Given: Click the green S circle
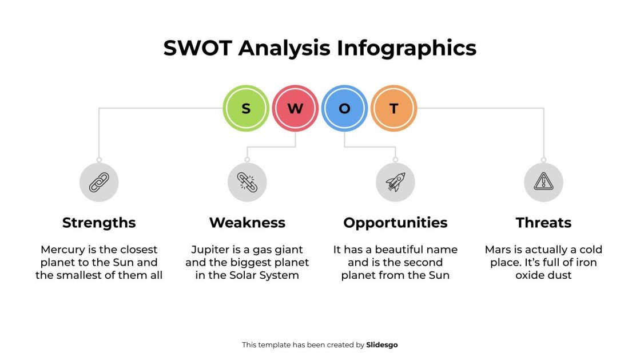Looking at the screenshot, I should tap(246, 108).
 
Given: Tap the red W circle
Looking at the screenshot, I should tap(295, 108).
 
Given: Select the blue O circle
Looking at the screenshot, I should tap(344, 108).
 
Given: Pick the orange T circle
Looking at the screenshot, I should tap(393, 108).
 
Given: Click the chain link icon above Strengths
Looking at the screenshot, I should tap(99, 182).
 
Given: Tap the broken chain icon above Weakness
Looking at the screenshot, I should tap(247, 182).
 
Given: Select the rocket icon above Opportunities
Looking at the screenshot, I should tap(395, 182).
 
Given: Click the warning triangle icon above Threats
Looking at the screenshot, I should tap(543, 182).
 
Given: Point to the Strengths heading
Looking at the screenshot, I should tap(99, 223).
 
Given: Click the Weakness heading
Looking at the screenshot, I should tap(247, 223).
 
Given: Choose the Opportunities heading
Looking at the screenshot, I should tap(395, 223).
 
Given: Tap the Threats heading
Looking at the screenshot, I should tap(543, 223).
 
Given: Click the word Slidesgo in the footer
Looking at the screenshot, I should tap(381, 345).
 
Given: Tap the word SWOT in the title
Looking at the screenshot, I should tap(198, 48).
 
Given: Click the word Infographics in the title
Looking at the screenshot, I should tap(407, 48).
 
